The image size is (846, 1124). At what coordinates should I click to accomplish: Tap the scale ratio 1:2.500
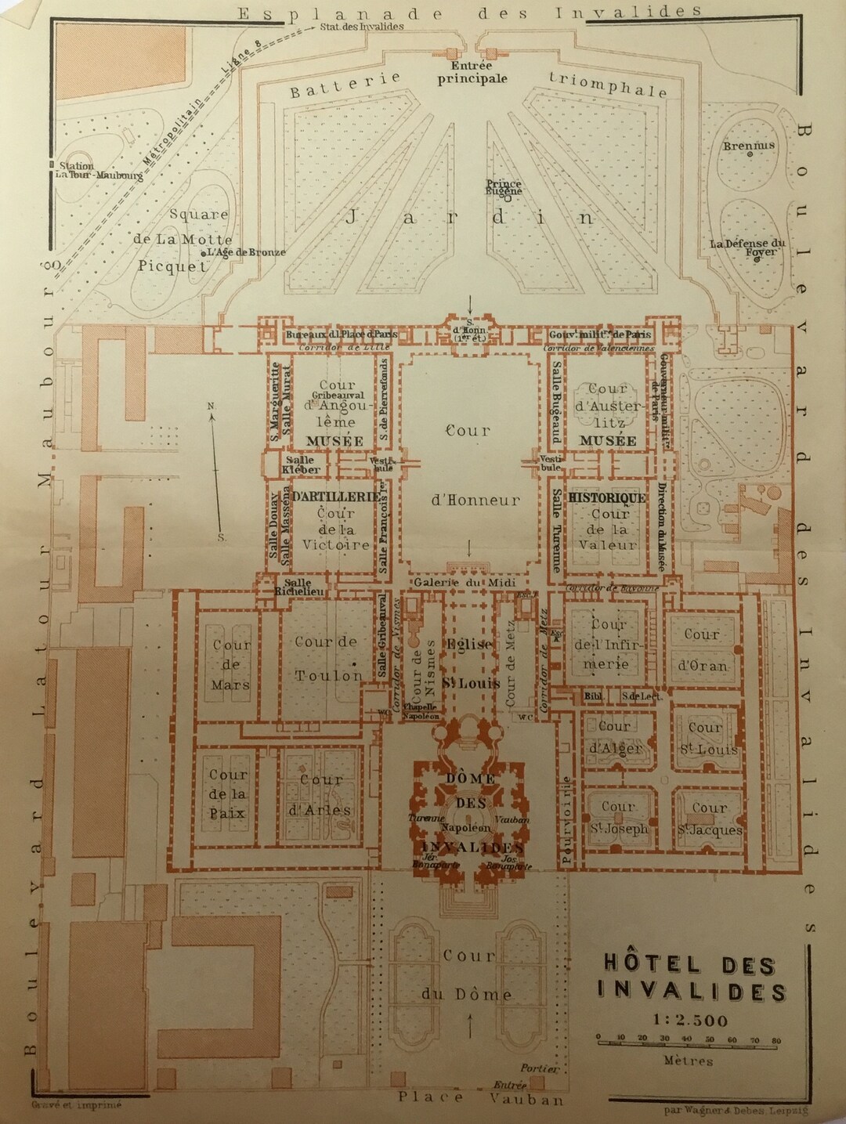pos(690,1020)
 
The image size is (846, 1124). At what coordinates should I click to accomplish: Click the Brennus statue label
pos(748,146)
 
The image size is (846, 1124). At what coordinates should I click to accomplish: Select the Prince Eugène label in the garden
pos(504,187)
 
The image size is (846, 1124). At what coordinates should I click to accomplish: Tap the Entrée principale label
pos(472,73)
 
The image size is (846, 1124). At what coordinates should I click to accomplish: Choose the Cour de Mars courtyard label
pos(231,665)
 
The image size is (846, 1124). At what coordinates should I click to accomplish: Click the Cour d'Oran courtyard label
pos(702,650)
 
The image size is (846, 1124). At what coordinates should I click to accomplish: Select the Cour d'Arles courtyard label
pos(321,795)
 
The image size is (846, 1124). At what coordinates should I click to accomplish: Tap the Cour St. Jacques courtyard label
pos(710,819)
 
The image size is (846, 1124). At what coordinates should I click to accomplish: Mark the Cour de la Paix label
pos(227,793)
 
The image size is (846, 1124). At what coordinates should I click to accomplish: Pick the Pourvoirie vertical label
pos(566,819)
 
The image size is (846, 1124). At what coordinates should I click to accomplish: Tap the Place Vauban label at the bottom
pos(480,1097)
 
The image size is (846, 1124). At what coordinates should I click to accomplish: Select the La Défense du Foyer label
pos(748,248)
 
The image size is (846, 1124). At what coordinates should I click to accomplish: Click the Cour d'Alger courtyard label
pos(615,737)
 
